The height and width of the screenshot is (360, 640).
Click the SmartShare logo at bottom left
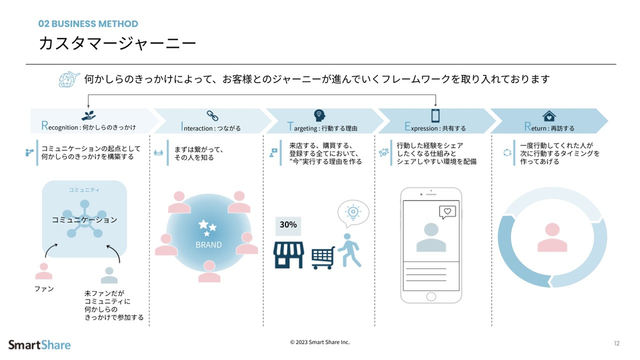[x=39, y=345]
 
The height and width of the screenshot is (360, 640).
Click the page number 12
[x=617, y=343]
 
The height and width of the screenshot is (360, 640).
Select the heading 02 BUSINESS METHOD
[x=88, y=24]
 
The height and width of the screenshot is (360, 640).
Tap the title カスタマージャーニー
[x=117, y=44]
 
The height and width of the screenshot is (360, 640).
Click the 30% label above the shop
[x=288, y=225]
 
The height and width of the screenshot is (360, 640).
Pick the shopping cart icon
[x=323, y=258]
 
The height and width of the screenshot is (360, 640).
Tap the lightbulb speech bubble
[x=353, y=213]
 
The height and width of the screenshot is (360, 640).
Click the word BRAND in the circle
[x=208, y=245]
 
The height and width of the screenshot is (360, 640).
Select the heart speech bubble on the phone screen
[x=447, y=212]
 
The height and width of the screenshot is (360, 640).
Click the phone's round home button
[x=431, y=296]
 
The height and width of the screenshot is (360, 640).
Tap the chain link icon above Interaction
[x=212, y=116]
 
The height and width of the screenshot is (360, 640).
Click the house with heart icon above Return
[x=549, y=116]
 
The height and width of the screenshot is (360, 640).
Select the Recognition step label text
[x=89, y=127]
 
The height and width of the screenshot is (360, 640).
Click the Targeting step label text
[x=322, y=128]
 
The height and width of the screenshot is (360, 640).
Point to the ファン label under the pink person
[x=44, y=289]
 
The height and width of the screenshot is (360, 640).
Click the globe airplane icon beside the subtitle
[x=69, y=79]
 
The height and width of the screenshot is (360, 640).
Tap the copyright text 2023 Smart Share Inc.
[x=320, y=342]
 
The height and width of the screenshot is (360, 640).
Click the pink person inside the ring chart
[x=552, y=237]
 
